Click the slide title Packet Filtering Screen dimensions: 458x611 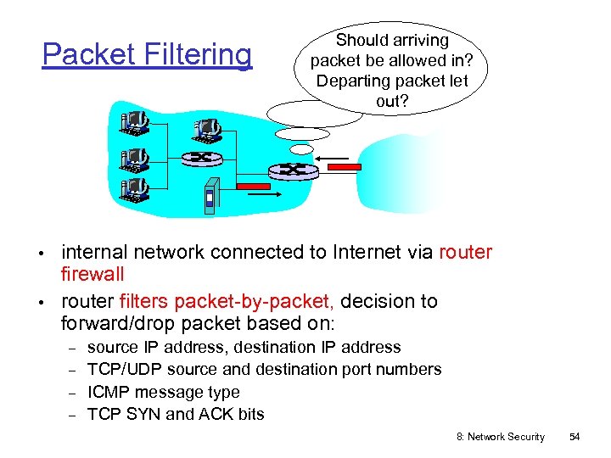tap(147, 55)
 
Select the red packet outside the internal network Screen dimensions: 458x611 tap(344, 167)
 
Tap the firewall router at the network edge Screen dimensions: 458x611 tap(294, 170)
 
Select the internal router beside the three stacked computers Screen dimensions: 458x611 tap(201, 158)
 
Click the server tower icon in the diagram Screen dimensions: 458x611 tap(211, 195)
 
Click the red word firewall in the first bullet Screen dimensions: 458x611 tap(92, 274)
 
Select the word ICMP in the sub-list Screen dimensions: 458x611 tap(108, 392)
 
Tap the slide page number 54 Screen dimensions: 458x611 tap(575, 437)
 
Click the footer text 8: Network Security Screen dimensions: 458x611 tap(501, 437)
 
